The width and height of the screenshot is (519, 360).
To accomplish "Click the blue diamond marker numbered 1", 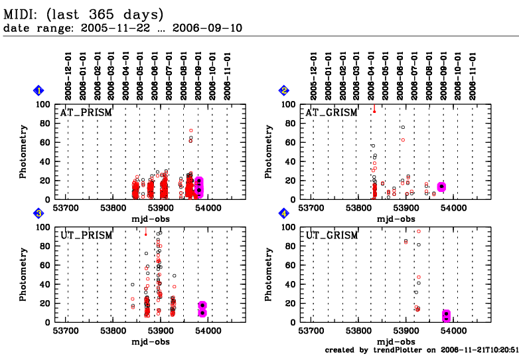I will tap(39, 91).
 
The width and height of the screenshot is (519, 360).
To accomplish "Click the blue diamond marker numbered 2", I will tap(284, 91).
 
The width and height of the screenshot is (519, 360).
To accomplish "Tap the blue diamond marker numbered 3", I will tap(39, 214).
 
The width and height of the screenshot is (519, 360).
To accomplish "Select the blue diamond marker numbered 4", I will tap(284, 214).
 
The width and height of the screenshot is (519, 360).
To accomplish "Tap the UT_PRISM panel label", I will tap(86, 235).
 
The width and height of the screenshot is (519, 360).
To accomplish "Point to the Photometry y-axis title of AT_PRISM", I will tap(23, 151).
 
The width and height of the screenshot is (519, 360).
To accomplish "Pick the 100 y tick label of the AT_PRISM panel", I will tap(46, 104).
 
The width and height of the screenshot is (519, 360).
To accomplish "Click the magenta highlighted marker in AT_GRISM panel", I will tap(441, 187).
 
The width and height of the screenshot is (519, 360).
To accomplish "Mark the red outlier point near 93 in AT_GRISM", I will tap(374, 110).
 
